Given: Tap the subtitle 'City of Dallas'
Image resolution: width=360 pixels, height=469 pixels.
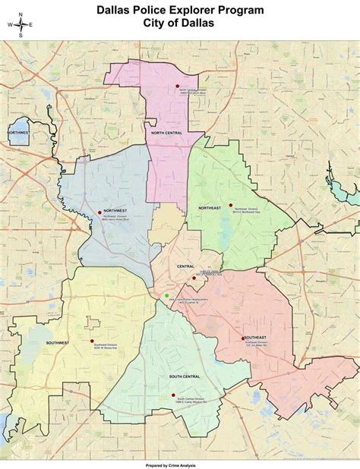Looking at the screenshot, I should [180, 23].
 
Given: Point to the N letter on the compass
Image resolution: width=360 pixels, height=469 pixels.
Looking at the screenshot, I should [21, 14].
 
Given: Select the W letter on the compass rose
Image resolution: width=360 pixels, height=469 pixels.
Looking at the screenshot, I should [10, 24].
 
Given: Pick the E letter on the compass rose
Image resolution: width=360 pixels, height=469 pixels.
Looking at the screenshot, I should [30, 24].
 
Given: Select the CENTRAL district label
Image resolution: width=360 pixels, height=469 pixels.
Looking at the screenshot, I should [185, 266].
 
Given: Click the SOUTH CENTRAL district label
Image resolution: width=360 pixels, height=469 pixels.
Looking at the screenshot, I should [185, 376].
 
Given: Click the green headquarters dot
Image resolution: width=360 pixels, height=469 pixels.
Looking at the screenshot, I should [166, 295].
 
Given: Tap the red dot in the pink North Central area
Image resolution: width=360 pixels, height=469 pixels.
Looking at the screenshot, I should [177, 87].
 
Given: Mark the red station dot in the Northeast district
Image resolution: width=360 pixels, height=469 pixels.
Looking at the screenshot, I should [230, 205].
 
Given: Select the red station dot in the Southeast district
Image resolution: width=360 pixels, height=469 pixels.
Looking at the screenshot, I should [243, 338].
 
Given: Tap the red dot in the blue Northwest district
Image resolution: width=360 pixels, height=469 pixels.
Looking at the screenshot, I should [99, 212].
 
